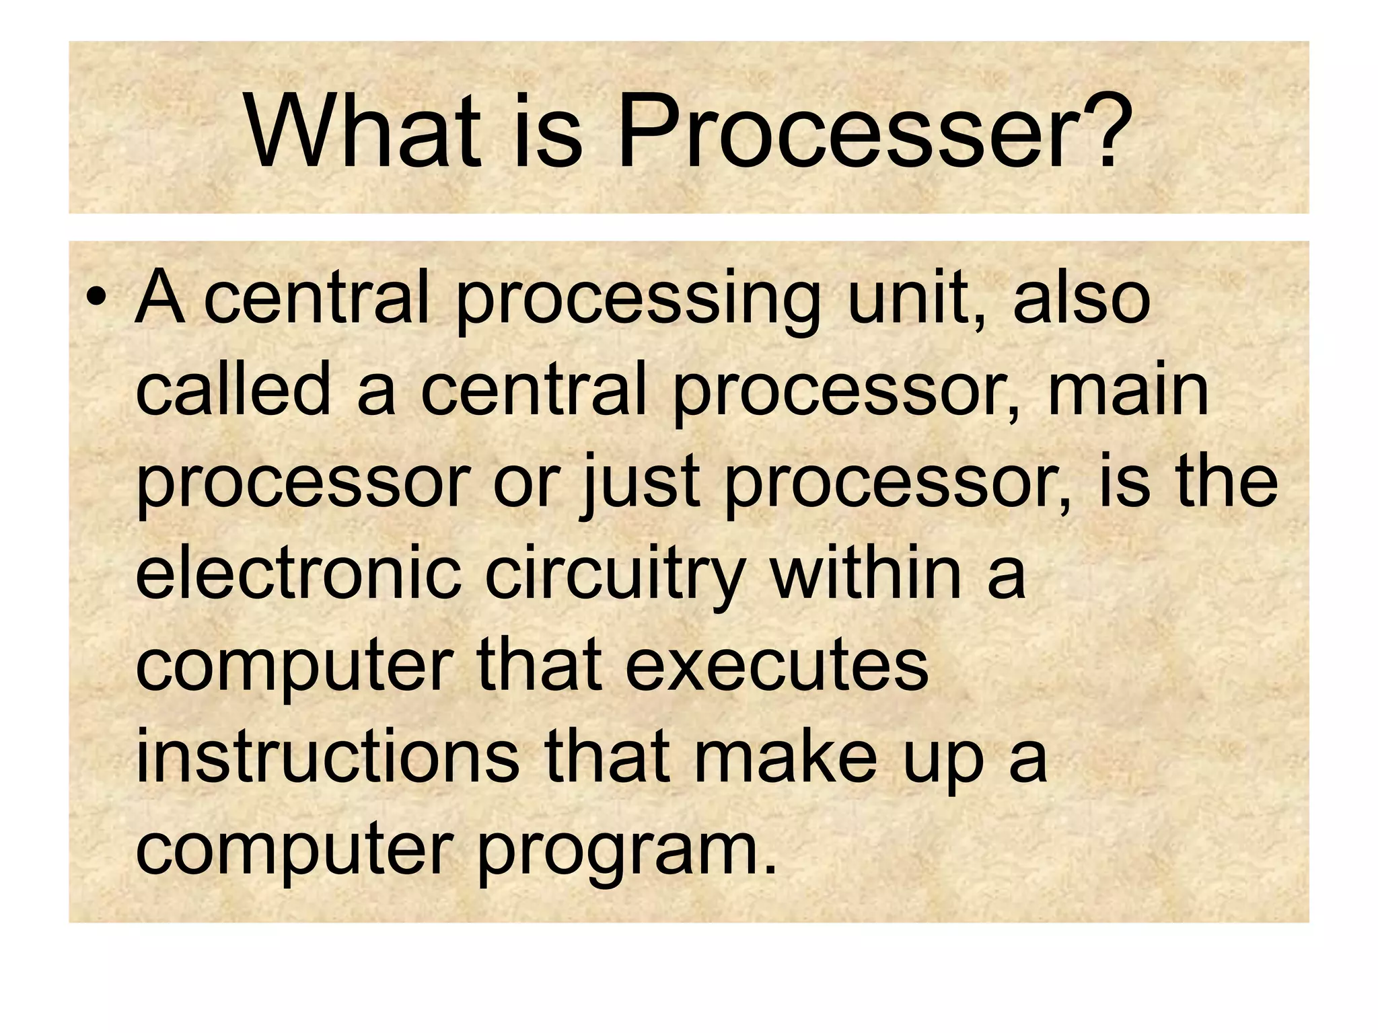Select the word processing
pos(638,301)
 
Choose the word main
pos(1128,390)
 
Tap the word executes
pos(776,666)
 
